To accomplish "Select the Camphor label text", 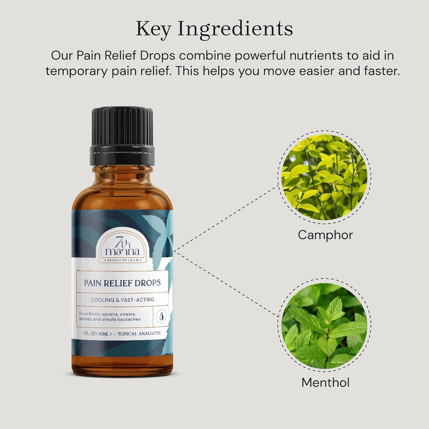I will coord(325,235).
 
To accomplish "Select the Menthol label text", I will coord(325,382).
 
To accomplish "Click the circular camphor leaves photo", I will coord(324,177).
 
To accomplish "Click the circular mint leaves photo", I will coord(324,325).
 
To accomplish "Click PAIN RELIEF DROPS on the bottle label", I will coord(122,283).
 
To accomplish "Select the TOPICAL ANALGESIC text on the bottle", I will coord(140,333).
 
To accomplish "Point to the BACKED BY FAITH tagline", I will coord(122,260).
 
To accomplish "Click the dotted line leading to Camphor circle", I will coord(226,218).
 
